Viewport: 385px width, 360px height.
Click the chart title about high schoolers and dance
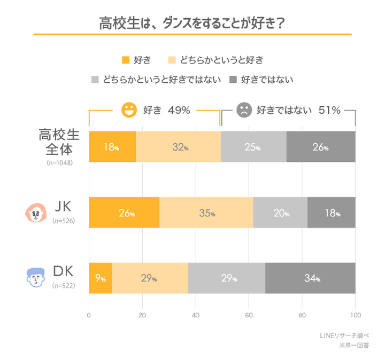(192, 24)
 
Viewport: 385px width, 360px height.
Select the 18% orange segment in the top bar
(112, 147)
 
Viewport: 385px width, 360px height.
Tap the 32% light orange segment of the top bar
(178, 147)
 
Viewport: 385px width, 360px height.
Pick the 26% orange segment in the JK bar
(124, 213)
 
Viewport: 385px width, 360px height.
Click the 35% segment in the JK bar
(206, 213)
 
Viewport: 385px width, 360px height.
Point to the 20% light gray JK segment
(280, 213)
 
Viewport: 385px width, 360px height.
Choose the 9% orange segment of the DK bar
(101, 278)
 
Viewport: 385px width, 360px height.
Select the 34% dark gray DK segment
(310, 278)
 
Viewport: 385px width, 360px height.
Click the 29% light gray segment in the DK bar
(227, 278)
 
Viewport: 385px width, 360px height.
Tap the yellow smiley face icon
(128, 111)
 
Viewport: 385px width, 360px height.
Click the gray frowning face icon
(244, 111)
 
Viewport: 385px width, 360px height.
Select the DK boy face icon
(35, 277)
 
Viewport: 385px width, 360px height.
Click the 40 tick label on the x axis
(195, 315)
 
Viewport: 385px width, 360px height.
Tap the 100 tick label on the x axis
(355, 315)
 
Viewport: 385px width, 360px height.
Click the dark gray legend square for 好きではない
(233, 80)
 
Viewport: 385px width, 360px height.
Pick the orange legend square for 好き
(126, 59)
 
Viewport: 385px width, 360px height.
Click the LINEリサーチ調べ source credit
(343, 335)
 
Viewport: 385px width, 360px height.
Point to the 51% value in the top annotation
(329, 111)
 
